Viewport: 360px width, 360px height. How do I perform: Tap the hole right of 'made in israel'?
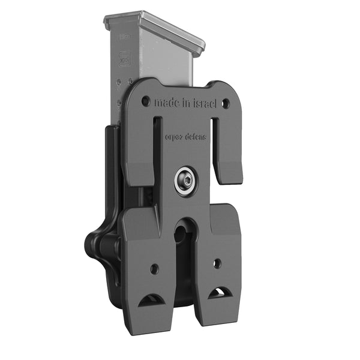226,104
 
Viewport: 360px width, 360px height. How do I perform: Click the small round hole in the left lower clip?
154,268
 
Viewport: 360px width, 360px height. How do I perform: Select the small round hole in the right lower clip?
217,263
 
